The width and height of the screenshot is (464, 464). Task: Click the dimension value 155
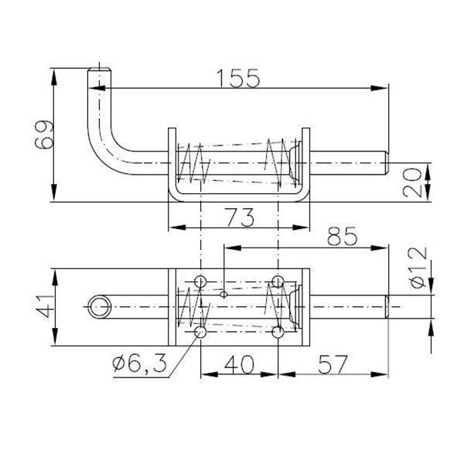pyautogui.click(x=238, y=78)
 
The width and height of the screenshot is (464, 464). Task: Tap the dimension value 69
pyautogui.click(x=44, y=135)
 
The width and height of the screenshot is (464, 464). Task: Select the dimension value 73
pyautogui.click(x=240, y=217)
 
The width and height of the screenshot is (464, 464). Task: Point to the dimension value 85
pyautogui.click(x=343, y=236)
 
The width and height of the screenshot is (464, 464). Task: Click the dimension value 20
pyautogui.click(x=412, y=183)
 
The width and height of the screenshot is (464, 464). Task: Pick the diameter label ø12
pyautogui.click(x=419, y=268)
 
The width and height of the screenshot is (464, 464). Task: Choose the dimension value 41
pyautogui.click(x=46, y=306)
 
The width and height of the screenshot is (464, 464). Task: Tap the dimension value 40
pyautogui.click(x=239, y=364)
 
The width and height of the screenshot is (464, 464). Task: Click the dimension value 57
pyautogui.click(x=333, y=364)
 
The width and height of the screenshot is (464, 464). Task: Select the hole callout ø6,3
pyautogui.click(x=139, y=364)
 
